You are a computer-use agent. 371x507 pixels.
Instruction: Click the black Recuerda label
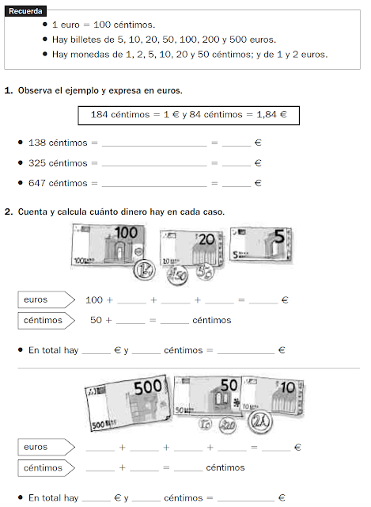(x=25, y=11)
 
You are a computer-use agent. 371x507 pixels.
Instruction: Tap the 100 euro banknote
(x=108, y=245)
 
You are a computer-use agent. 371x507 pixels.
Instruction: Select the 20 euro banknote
(x=191, y=248)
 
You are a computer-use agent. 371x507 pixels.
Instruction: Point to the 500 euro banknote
(x=128, y=403)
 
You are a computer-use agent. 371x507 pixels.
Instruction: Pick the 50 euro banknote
(x=207, y=396)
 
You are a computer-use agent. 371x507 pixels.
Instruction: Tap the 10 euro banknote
(x=273, y=395)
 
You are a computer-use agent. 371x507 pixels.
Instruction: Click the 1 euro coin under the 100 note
(x=144, y=270)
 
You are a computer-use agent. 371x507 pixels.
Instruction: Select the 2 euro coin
(x=260, y=421)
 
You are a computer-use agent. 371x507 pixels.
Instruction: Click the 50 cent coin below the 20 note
(x=177, y=275)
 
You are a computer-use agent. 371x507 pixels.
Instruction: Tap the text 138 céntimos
(x=58, y=143)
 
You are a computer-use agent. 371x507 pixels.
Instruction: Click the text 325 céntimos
(x=58, y=163)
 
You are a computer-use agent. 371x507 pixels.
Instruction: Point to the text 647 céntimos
(x=58, y=183)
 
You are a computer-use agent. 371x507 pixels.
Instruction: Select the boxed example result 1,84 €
(x=271, y=114)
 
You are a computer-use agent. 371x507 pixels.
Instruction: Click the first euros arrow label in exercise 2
(x=46, y=299)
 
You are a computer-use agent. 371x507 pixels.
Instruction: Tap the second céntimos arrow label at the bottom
(x=46, y=468)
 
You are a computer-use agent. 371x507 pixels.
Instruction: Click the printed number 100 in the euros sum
(x=94, y=300)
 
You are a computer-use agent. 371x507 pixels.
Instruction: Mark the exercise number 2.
(x=9, y=212)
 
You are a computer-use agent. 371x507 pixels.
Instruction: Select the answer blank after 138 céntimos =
(x=154, y=143)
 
